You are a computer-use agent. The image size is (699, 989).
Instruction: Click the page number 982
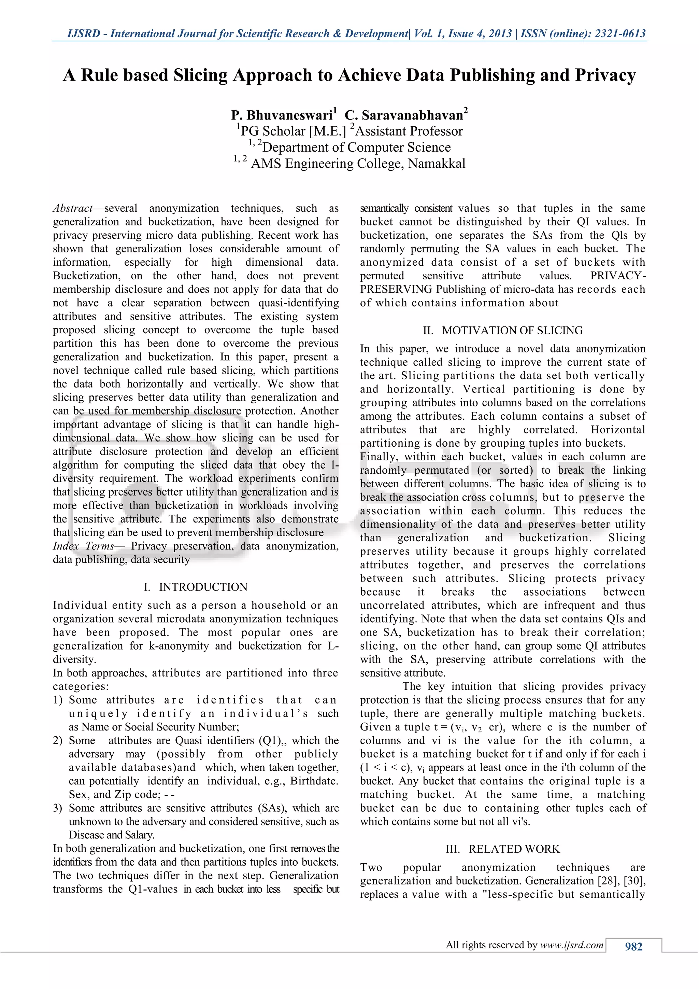633,946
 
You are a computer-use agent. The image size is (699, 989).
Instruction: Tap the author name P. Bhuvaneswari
282,115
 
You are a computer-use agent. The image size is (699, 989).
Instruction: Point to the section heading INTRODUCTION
203,587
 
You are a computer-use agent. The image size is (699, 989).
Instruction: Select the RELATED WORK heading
514,849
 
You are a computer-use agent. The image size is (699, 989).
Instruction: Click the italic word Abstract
72,208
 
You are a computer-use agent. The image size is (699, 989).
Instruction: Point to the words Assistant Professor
409,131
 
